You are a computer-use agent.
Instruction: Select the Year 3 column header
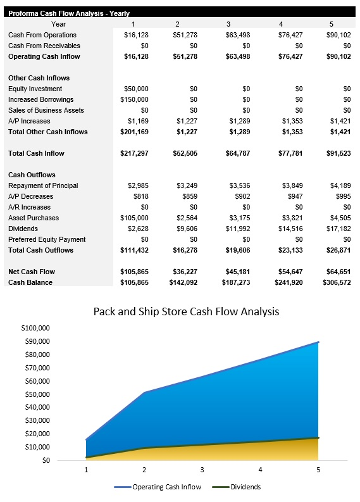point(228,24)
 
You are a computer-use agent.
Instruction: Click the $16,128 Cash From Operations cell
point(136,35)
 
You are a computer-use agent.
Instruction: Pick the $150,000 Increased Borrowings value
point(134,99)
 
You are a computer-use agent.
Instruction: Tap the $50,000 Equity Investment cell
point(136,89)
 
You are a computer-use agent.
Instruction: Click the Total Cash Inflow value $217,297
point(134,153)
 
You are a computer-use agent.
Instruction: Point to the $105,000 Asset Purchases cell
point(134,218)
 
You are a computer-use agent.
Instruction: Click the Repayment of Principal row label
point(43,185)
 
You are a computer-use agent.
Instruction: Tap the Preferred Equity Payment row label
point(47,239)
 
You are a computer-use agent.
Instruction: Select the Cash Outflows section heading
point(32,175)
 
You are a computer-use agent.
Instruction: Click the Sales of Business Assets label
point(46,110)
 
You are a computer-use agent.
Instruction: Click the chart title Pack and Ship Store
point(186,311)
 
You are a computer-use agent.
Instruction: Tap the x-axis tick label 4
point(260,470)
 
